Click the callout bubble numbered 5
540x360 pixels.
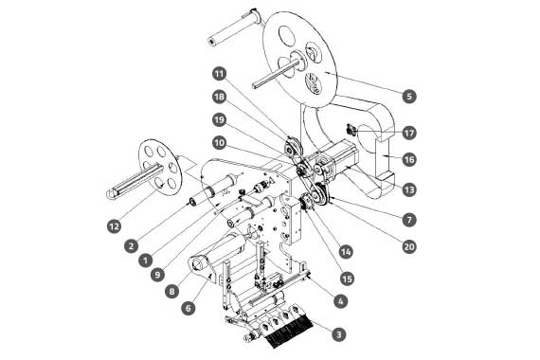tap(409, 96)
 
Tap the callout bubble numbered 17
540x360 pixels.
tap(409, 133)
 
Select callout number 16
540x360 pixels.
tap(409, 159)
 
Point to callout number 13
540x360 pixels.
tap(409, 189)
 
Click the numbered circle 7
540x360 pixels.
tap(409, 220)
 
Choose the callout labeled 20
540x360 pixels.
tap(409, 246)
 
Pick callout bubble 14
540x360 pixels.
tap(346, 252)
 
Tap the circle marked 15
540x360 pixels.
tap(347, 279)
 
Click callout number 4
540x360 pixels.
tap(340, 301)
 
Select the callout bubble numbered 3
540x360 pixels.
tap(339, 334)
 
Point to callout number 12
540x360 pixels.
tap(115, 226)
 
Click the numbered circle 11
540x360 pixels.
tap(220, 74)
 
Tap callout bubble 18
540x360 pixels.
tap(220, 97)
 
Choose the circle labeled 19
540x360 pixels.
tap(220, 120)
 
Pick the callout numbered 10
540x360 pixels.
tap(220, 143)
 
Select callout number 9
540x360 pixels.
tap(157, 275)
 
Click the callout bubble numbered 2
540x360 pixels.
tap(132, 246)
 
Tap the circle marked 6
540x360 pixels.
tap(188, 308)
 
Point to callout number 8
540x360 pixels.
tap(171, 292)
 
